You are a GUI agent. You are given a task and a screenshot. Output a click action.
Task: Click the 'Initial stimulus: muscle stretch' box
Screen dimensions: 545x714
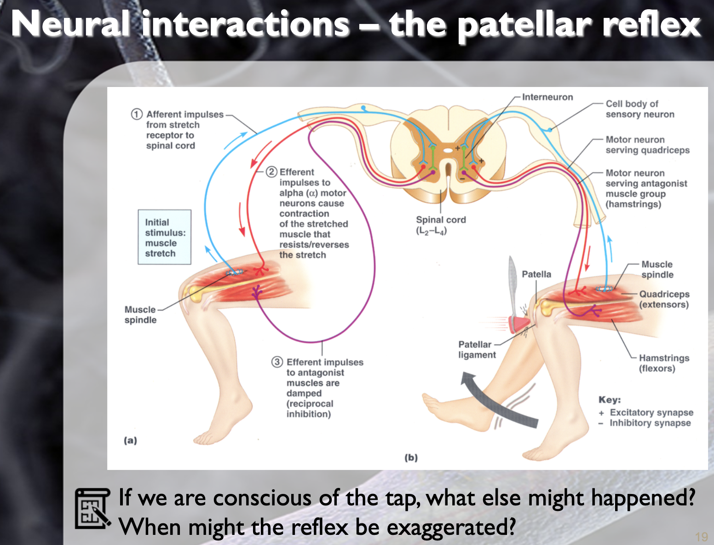coord(164,237)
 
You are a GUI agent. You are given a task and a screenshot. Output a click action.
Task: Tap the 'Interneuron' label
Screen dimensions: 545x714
coord(547,97)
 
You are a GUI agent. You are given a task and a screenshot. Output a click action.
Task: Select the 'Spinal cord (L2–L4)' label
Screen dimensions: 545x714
coord(440,225)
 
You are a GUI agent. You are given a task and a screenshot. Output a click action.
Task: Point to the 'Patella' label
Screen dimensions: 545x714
coord(536,274)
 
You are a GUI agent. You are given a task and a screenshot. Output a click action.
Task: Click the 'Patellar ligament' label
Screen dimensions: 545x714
coord(477,349)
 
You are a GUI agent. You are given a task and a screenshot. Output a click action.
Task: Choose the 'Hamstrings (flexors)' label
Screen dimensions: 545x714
coord(663,363)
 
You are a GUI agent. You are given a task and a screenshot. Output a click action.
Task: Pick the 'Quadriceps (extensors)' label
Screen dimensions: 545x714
coord(664,299)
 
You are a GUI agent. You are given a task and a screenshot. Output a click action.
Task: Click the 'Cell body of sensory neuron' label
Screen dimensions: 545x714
coord(639,109)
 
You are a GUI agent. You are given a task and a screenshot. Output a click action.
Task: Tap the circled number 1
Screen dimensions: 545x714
coord(137,114)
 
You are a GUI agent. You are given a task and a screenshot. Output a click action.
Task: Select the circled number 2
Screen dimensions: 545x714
coord(271,172)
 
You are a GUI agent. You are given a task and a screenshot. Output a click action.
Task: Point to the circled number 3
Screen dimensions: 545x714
coord(276,362)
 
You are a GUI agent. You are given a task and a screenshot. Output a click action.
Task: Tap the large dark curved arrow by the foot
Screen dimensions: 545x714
coord(497,400)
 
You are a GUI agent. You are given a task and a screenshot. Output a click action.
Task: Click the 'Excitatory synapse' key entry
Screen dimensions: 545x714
coord(651,412)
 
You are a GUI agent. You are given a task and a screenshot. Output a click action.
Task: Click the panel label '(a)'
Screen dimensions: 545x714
coord(130,441)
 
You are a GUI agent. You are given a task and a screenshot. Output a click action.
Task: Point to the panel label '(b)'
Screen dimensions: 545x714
coord(411,458)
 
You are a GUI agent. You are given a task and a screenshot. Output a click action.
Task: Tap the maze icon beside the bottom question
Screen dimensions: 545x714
coord(92,508)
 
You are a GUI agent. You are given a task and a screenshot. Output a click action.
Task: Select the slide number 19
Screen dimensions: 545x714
coord(701,537)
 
